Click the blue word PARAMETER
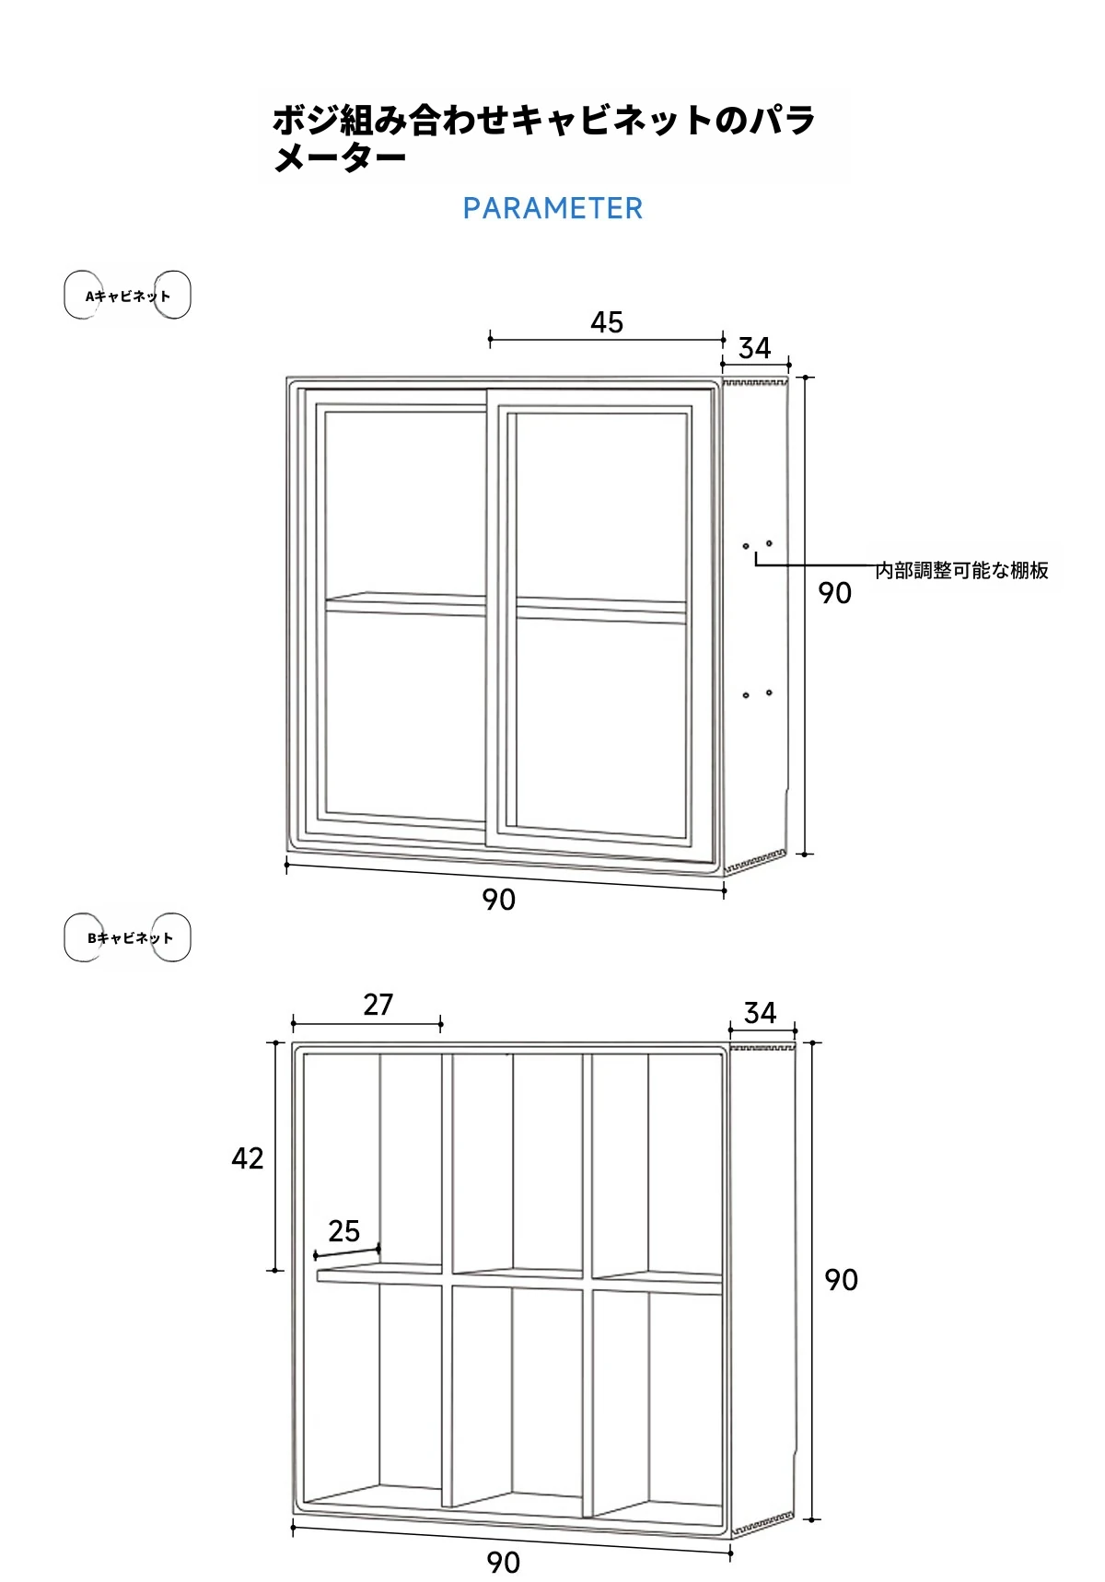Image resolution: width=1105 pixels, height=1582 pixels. (x=552, y=209)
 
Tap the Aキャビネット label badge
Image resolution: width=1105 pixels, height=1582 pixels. (x=127, y=296)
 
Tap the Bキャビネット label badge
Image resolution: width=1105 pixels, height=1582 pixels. (x=128, y=938)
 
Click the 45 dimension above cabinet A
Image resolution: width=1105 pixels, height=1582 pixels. (x=607, y=322)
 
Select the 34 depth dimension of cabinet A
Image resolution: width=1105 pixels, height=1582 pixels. (x=755, y=348)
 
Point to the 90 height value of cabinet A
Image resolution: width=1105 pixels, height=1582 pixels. (x=835, y=593)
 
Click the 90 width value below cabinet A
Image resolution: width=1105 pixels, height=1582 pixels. (x=499, y=900)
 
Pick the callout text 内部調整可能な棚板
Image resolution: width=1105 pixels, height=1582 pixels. (x=961, y=571)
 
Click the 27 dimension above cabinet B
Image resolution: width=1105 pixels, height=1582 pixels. (x=378, y=1005)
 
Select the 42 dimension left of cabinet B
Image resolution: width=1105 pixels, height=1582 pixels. (x=248, y=1158)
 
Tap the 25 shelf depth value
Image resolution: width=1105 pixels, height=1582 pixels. (x=344, y=1231)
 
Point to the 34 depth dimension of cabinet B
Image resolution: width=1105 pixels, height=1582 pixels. (x=761, y=1013)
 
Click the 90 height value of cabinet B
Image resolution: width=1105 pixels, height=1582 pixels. (x=841, y=1280)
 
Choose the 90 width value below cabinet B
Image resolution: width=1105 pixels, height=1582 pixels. (x=504, y=1563)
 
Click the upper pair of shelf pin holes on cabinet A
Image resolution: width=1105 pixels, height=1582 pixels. (x=757, y=545)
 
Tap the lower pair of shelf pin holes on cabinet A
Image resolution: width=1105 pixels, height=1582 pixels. (x=757, y=693)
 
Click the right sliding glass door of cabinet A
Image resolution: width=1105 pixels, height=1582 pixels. (x=599, y=617)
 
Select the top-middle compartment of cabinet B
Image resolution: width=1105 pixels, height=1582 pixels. (x=516, y=1160)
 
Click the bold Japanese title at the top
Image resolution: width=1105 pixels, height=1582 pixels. (x=543, y=138)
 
